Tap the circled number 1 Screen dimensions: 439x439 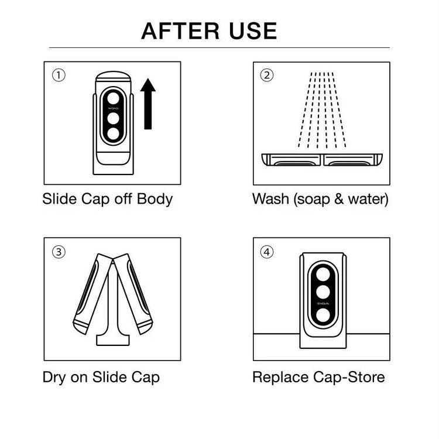58,76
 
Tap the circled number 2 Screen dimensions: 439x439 267,76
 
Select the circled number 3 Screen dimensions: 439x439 58,252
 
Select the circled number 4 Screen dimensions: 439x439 267,252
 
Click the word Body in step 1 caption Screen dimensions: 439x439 155,199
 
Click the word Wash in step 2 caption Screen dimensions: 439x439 270,199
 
